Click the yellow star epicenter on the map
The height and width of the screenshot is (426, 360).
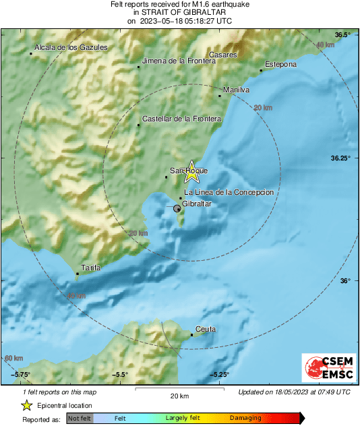192,172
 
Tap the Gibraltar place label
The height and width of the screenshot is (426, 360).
198,204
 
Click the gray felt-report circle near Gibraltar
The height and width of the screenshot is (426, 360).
177,210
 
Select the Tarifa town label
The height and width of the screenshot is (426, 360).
90,268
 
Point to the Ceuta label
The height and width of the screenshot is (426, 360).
205,329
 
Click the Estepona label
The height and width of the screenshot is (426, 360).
280,65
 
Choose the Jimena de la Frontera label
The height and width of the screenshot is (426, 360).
177,61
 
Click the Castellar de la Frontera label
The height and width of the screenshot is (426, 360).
182,119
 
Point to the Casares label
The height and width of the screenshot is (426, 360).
222,54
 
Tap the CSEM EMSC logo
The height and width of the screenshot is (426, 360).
326,368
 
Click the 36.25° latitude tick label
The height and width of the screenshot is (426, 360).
340,158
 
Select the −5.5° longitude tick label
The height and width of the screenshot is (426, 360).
120,375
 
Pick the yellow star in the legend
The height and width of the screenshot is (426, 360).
27,405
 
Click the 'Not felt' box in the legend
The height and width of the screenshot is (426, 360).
79,418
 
